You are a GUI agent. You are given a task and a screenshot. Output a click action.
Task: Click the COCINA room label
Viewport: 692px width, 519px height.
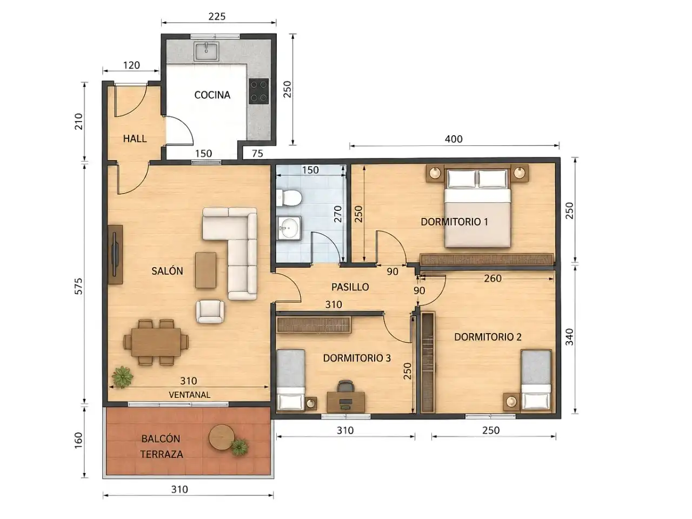[212, 95]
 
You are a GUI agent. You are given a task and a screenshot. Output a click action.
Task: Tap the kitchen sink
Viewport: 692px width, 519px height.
[207, 51]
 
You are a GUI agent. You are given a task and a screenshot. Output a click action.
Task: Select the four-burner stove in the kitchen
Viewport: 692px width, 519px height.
[259, 91]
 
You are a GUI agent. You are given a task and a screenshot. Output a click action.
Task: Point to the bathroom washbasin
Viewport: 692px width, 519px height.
[289, 228]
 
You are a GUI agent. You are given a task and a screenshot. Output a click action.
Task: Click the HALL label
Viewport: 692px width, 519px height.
[135, 138]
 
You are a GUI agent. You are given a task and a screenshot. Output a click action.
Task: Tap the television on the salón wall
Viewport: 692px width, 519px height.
[115, 254]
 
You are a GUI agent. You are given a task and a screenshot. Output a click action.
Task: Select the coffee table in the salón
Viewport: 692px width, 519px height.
[205, 270]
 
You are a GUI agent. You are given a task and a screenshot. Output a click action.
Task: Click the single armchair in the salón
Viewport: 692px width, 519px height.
[210, 311]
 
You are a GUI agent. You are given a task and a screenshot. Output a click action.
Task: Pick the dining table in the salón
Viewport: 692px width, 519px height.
[156, 342]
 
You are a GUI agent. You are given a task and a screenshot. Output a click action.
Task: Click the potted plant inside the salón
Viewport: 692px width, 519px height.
[122, 377]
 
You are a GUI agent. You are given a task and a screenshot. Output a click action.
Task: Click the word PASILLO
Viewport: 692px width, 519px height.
[350, 287]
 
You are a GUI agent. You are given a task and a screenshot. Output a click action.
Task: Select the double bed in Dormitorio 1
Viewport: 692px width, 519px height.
[477, 208]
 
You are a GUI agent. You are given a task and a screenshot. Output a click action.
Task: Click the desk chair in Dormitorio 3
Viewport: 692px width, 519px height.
[345, 387]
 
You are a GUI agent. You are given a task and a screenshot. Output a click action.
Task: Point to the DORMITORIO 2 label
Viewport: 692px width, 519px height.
[488, 337]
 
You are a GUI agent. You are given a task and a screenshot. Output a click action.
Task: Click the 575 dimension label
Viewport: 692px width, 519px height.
[78, 286]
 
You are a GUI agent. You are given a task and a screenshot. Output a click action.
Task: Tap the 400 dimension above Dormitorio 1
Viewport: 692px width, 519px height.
[454, 139]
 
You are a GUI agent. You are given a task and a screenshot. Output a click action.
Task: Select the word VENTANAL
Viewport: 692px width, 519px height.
[189, 395]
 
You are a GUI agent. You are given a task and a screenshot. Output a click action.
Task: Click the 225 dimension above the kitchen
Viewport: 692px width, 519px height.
[217, 16]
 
